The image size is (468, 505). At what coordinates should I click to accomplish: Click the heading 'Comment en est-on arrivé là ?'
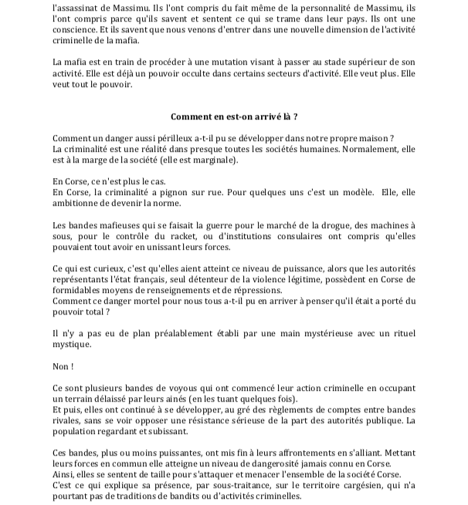233,116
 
